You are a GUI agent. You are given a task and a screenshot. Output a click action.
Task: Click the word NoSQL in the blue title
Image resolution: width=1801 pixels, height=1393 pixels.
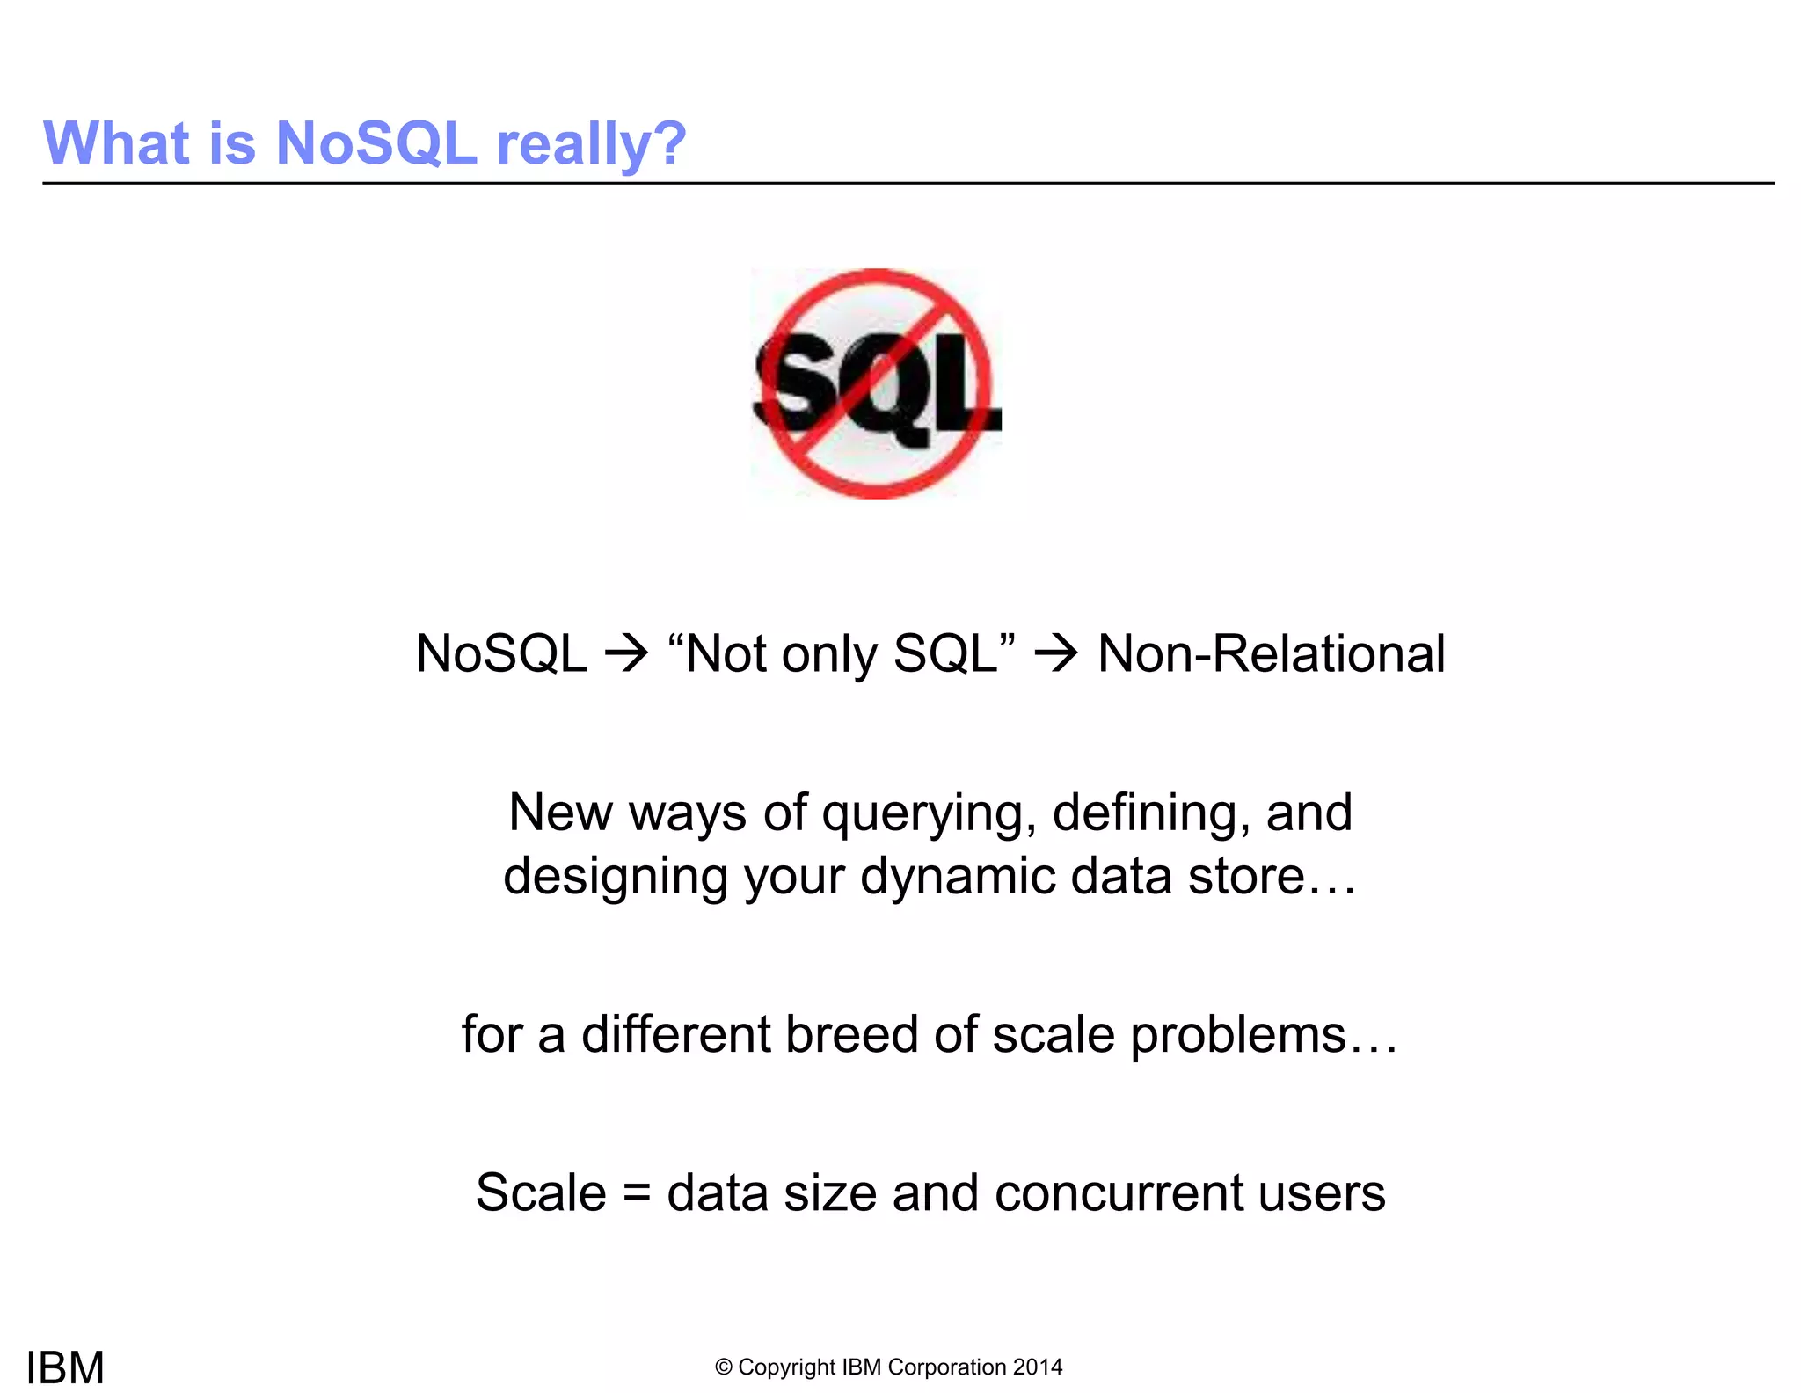(376, 143)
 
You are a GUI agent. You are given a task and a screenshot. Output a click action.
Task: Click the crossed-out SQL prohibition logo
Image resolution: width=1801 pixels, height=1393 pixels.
(877, 383)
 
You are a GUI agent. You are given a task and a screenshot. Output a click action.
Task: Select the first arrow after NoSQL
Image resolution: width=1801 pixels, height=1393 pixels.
(626, 654)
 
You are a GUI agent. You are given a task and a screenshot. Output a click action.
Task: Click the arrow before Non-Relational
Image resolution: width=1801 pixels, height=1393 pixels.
(1055, 654)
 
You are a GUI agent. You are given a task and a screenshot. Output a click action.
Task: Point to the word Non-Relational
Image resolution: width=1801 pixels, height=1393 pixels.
(1271, 654)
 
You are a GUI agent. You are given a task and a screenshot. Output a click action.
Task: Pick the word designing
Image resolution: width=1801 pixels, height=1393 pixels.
(615, 877)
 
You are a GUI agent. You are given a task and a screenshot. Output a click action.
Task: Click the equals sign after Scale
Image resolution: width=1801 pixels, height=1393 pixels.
(637, 1194)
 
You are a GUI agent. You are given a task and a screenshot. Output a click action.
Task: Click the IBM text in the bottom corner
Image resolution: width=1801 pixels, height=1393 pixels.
(65, 1367)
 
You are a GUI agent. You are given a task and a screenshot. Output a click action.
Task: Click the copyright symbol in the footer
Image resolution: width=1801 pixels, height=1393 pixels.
(724, 1367)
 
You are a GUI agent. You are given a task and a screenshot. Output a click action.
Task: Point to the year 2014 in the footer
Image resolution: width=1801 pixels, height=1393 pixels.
(1038, 1367)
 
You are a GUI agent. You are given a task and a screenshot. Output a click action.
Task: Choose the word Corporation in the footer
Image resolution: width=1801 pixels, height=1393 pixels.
(947, 1367)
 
